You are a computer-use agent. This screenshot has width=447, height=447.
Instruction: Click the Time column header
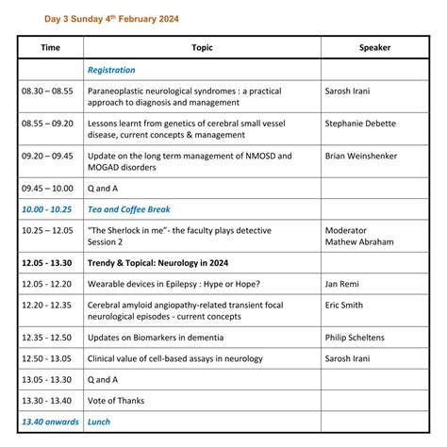point(50,47)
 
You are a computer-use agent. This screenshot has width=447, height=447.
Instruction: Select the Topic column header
point(202,47)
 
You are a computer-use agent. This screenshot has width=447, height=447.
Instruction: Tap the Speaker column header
point(374,47)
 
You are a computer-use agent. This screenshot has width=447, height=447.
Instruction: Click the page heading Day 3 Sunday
point(111,18)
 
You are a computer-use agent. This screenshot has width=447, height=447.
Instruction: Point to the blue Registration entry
point(111,70)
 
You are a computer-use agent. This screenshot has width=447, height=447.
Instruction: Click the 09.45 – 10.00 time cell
point(47,190)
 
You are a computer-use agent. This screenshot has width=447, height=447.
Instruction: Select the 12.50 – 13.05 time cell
point(47,358)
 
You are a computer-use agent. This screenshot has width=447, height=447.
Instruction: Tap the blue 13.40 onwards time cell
point(50,421)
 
